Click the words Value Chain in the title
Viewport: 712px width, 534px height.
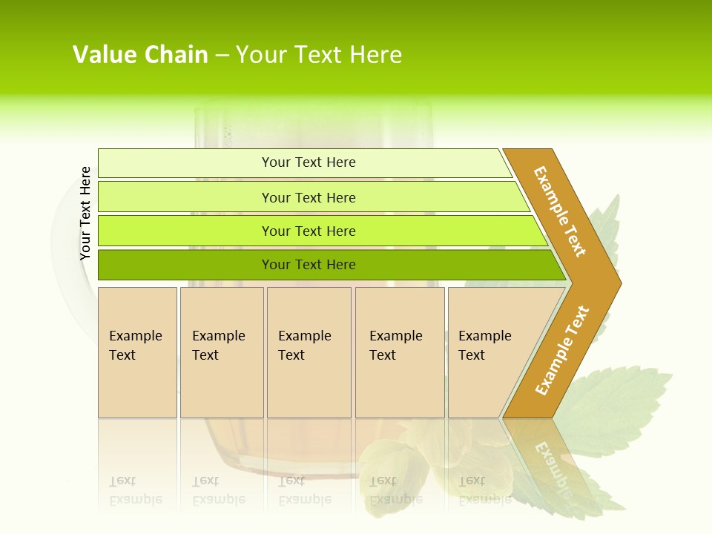140,55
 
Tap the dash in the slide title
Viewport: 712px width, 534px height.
222,56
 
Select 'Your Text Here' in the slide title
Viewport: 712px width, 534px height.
318,55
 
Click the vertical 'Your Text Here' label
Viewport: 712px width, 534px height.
85,213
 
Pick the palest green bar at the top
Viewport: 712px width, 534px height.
309,162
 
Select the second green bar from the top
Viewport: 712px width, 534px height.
309,197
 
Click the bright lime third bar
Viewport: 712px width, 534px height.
309,231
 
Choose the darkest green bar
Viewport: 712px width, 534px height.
309,265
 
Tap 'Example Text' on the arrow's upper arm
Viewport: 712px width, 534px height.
560,211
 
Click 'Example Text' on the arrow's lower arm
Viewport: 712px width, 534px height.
561,351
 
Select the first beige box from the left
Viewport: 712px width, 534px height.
137,352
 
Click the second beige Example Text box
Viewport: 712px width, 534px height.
221,352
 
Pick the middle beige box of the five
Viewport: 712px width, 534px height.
309,352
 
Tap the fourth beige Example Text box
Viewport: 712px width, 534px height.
399,352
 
